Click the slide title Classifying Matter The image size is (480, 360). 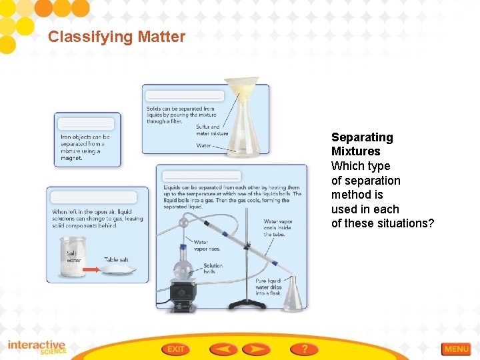(x=116, y=37)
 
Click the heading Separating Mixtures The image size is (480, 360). (x=362, y=144)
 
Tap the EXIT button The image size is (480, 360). (x=176, y=349)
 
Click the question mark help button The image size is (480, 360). (x=304, y=349)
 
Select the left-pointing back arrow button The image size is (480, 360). (x=223, y=349)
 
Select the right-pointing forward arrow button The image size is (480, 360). (x=256, y=349)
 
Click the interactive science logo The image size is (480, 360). (x=37, y=347)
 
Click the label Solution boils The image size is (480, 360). (x=213, y=269)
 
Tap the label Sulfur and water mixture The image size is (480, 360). (x=211, y=129)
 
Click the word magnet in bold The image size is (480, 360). (x=71, y=158)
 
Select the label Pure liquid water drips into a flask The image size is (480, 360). (x=269, y=287)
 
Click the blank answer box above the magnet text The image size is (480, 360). (x=87, y=124)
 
